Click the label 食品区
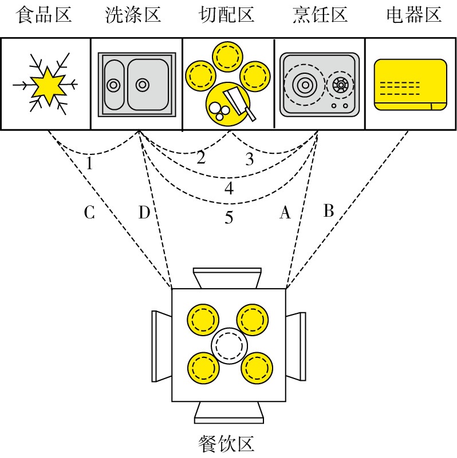(45, 14)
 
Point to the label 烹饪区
(320, 14)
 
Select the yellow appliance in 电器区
(410, 83)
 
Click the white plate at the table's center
(229, 346)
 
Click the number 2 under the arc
(200, 158)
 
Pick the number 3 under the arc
(249, 160)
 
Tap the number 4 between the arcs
(229, 188)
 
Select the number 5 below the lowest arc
(229, 218)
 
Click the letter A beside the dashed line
(285, 213)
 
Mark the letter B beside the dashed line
(328, 211)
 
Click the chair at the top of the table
(227, 278)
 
